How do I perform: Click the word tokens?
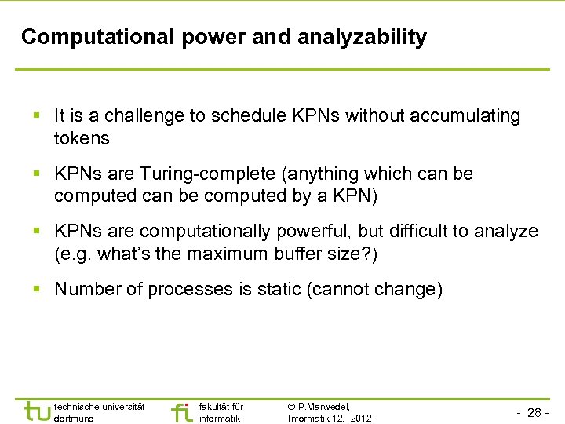click(82, 138)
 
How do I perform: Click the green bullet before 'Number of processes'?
click(38, 290)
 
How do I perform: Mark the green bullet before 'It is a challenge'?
click(38, 116)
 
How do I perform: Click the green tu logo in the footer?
click(35, 411)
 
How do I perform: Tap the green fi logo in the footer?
click(181, 412)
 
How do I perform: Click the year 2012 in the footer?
click(361, 418)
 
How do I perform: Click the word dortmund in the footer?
click(73, 418)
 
